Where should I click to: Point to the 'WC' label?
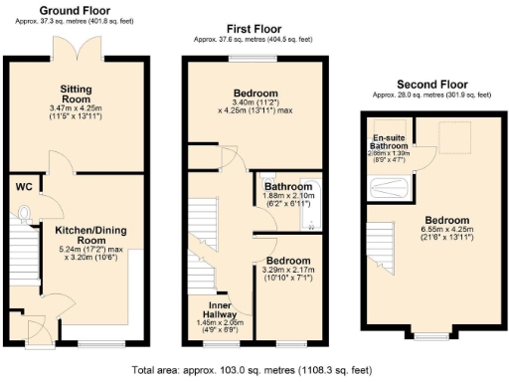coord(25,185)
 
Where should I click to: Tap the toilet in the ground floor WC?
coord(24,211)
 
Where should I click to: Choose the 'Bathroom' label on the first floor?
coord(288,185)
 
